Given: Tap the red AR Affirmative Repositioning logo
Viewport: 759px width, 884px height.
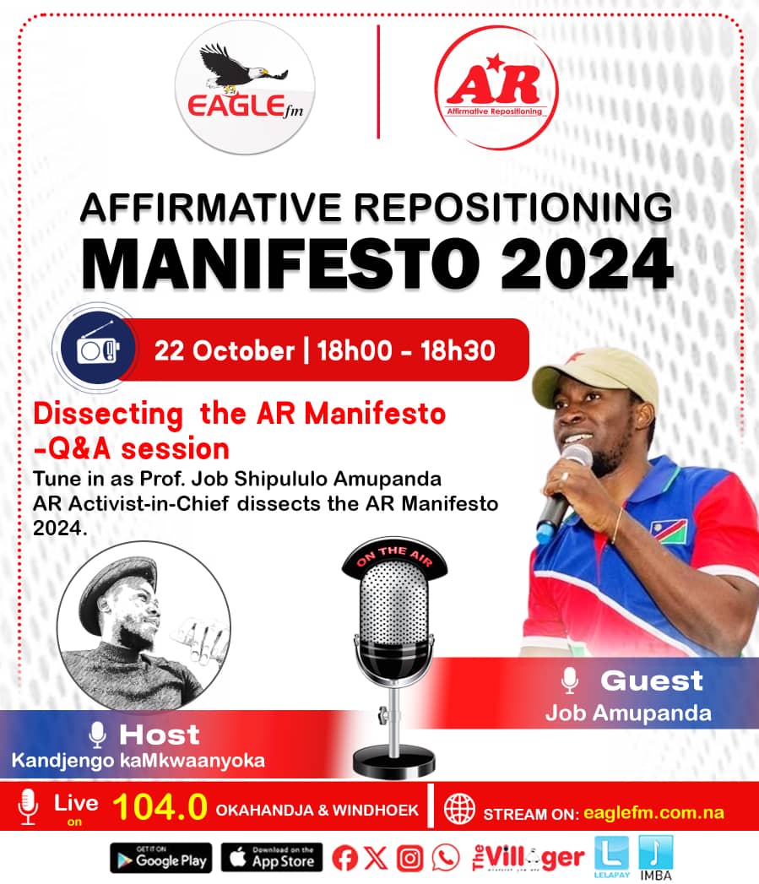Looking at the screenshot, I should [496, 88].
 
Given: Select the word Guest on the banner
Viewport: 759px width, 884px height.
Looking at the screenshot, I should [651, 680].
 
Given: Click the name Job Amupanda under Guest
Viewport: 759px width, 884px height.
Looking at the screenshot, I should [627, 713].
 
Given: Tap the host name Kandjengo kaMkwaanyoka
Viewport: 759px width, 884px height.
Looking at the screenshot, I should [138, 760].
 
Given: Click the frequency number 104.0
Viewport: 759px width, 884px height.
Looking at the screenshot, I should [160, 808].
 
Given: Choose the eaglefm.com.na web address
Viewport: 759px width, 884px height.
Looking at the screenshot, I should [651, 813].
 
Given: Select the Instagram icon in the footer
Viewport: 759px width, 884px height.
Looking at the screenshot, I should [409, 859].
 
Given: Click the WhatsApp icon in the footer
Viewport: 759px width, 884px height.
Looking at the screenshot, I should [446, 859].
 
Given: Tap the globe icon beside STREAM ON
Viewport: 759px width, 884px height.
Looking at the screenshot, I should [460, 808].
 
